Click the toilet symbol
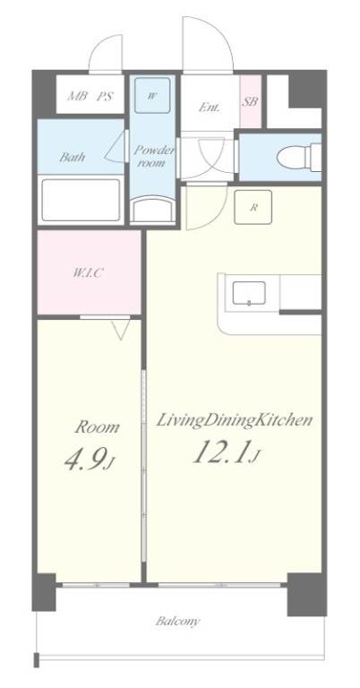299,157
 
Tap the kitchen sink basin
249,293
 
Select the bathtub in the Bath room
81,200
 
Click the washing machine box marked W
151,95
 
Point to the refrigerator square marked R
253,207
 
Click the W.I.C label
88,273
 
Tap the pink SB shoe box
251,102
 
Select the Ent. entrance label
209,107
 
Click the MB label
78,96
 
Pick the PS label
105,96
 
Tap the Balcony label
178,622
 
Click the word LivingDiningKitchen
235,420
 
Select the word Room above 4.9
97,426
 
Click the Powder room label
154,157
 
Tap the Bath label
73,157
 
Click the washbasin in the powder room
153,211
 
